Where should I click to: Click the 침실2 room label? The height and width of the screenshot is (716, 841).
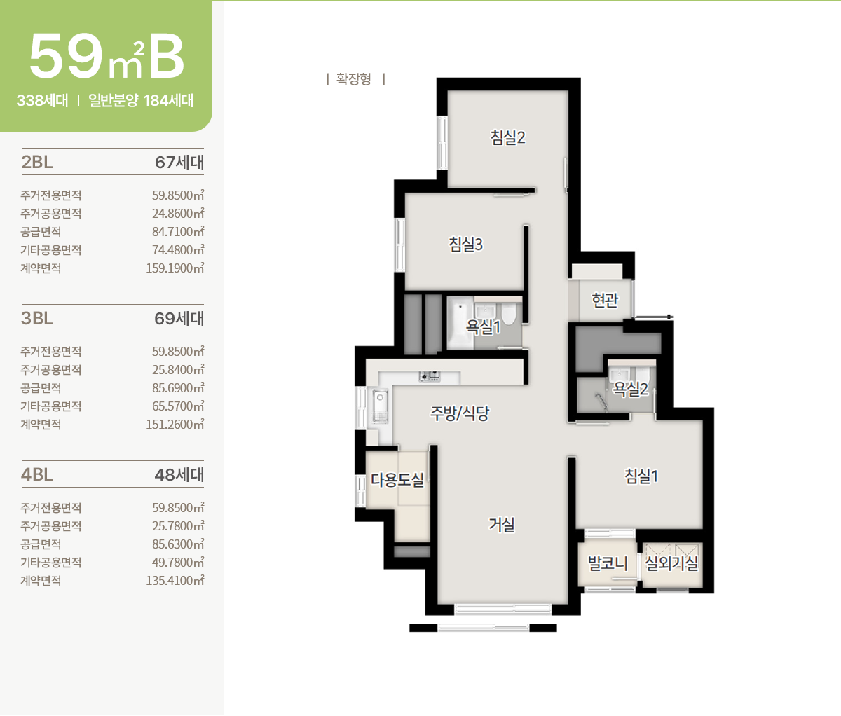pyautogui.click(x=508, y=137)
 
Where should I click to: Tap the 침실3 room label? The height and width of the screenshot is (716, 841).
pyautogui.click(x=465, y=244)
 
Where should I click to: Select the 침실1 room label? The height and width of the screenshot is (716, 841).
pyautogui.click(x=641, y=476)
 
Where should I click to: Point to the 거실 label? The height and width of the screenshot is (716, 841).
pyautogui.click(x=502, y=524)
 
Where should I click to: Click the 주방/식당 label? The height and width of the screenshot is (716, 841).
pyautogui.click(x=460, y=413)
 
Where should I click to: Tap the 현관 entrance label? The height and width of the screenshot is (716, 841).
pyautogui.click(x=605, y=301)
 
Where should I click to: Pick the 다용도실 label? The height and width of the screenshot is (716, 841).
pyautogui.click(x=397, y=480)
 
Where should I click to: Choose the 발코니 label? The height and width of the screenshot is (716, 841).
pyautogui.click(x=608, y=563)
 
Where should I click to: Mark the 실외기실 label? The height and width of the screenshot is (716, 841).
pyautogui.click(x=671, y=563)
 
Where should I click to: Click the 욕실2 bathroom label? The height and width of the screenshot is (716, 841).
pyautogui.click(x=630, y=389)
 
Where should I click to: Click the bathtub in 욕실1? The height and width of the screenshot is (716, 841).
pyautogui.click(x=460, y=322)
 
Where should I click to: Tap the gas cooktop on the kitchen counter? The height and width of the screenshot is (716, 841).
pyautogui.click(x=430, y=376)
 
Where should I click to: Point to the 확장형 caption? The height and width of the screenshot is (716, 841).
pyautogui.click(x=353, y=79)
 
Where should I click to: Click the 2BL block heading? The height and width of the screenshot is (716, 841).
pyautogui.click(x=37, y=162)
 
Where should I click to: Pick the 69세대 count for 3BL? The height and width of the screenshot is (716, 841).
pyautogui.click(x=179, y=319)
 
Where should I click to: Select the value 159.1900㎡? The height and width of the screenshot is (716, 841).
pyautogui.click(x=175, y=268)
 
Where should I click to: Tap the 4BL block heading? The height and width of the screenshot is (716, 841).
pyautogui.click(x=37, y=475)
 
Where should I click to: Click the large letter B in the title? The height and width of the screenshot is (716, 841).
pyautogui.click(x=166, y=57)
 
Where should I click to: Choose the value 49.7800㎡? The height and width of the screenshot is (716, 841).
pyautogui.click(x=178, y=563)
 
